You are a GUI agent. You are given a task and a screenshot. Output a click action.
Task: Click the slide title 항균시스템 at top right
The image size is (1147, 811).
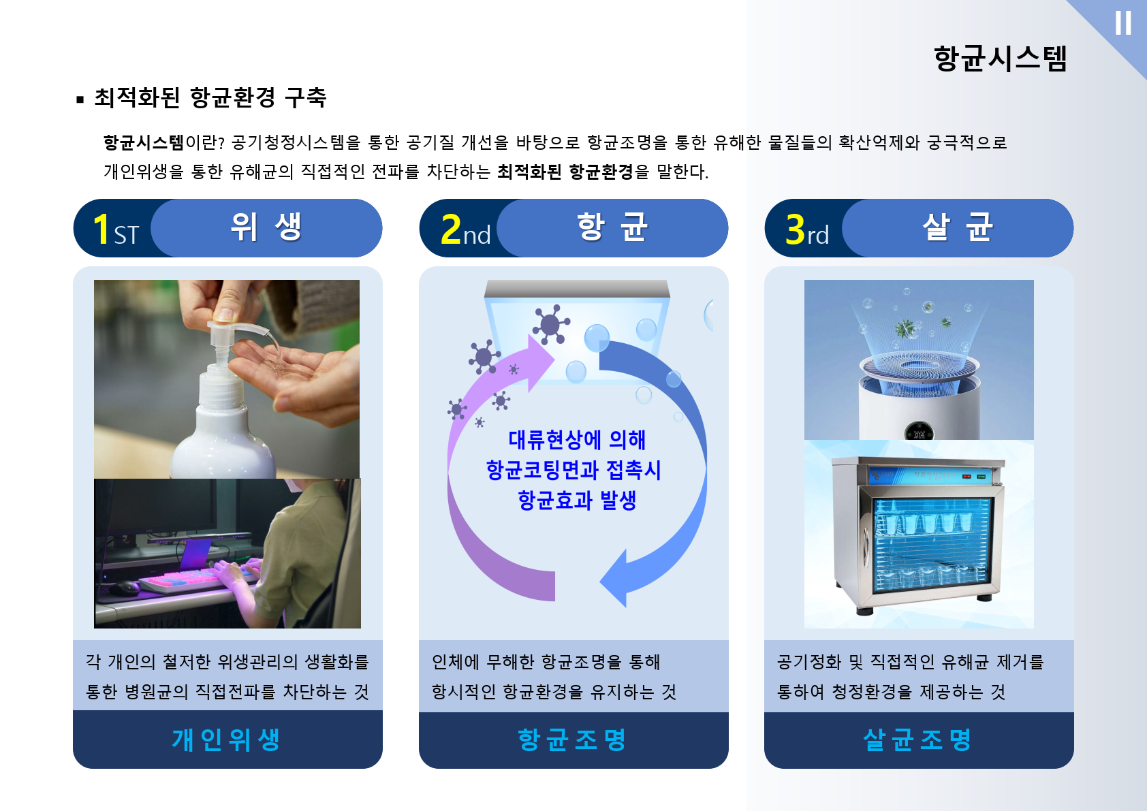[x=1000, y=59]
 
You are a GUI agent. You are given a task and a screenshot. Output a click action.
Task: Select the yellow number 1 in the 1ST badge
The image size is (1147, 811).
[x=101, y=229]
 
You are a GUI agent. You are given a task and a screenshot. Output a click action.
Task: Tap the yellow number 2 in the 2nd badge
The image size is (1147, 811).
[x=451, y=229]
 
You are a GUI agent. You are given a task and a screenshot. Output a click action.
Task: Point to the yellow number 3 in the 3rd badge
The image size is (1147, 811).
[x=796, y=229]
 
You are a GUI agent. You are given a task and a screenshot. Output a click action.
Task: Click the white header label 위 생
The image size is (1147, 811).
[x=266, y=227]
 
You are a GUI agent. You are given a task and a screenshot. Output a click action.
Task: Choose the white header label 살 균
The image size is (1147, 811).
[x=958, y=227]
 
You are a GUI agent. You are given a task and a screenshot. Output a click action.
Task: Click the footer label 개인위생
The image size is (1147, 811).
[x=226, y=740]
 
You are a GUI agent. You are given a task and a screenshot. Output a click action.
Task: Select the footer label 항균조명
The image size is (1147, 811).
[x=572, y=740]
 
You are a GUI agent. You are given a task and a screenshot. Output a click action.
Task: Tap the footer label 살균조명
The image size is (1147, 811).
[x=917, y=740]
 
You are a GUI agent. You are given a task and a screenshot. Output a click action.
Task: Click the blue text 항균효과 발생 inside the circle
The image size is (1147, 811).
[x=577, y=500]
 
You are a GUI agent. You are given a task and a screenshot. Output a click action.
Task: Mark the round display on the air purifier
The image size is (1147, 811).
[x=919, y=431]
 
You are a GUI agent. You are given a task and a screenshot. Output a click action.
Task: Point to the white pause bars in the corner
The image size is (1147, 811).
[x=1123, y=23]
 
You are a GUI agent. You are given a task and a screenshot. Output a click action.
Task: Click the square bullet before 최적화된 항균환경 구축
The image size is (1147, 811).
[x=80, y=99]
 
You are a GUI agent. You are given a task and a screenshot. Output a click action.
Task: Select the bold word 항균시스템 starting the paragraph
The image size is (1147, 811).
[x=143, y=142]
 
